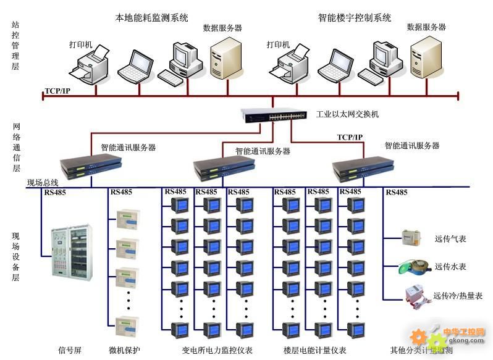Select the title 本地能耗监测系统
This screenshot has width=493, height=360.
click(152, 18)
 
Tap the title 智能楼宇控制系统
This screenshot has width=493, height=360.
click(355, 18)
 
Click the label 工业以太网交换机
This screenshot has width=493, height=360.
click(347, 114)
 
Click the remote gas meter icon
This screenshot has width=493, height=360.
click(410, 237)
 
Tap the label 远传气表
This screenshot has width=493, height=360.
click(450, 238)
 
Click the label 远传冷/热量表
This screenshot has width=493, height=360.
click(458, 296)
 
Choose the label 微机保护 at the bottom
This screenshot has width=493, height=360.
click(125, 350)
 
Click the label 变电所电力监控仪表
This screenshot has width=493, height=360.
click(217, 350)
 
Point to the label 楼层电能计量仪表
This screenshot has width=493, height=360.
click(314, 350)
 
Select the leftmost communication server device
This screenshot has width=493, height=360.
click(91, 167)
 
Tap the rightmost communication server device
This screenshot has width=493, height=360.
click(363, 167)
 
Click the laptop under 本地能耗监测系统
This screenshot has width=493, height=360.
click(135, 66)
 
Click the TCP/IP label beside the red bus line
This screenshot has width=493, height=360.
click(57, 91)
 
